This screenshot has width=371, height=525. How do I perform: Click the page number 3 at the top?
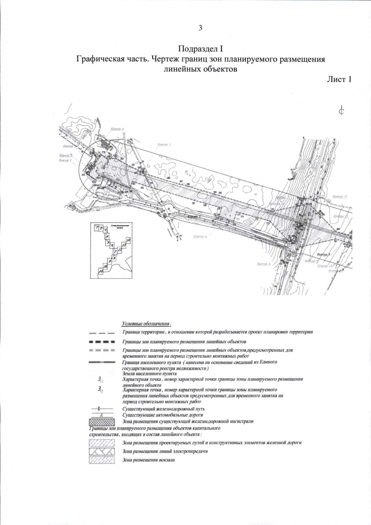[200, 28]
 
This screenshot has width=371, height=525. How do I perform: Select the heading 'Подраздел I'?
[200, 48]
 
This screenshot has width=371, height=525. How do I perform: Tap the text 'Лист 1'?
[339, 79]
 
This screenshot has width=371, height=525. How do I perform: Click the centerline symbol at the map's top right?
[341, 111]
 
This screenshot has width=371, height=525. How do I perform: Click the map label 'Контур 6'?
[200, 236]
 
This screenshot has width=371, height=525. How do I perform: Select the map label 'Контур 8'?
[264, 264]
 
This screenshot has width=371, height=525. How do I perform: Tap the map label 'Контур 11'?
[340, 196]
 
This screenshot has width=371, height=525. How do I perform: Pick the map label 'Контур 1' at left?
[65, 161]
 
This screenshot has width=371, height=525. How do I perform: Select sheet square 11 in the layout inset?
[100, 271]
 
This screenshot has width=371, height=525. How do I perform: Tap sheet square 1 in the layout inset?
[97, 228]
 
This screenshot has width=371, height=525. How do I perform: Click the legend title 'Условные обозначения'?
[147, 324]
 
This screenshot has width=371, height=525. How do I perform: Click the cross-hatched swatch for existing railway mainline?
[102, 421]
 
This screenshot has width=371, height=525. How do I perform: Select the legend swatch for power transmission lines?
[102, 451]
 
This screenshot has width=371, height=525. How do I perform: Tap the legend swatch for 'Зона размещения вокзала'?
[102, 460]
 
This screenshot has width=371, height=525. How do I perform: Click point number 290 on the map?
[220, 193]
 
